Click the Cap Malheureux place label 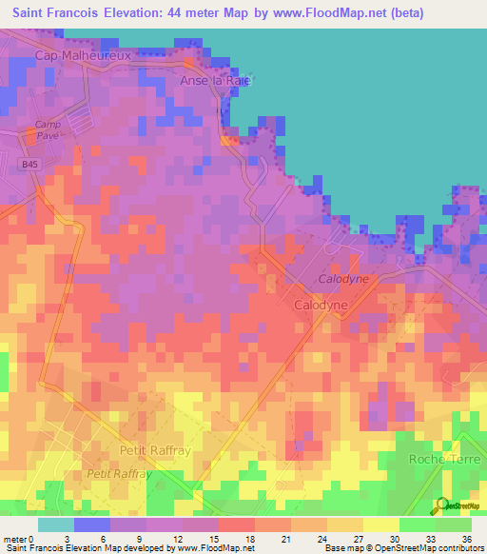tap(82, 55)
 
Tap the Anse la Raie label tap(215, 81)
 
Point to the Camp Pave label tap(48, 130)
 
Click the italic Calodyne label tap(342, 279)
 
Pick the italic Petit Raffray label tap(119, 473)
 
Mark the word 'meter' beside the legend tap(15, 538)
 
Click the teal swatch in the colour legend tap(56, 524)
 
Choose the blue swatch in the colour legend tap(92, 524)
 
